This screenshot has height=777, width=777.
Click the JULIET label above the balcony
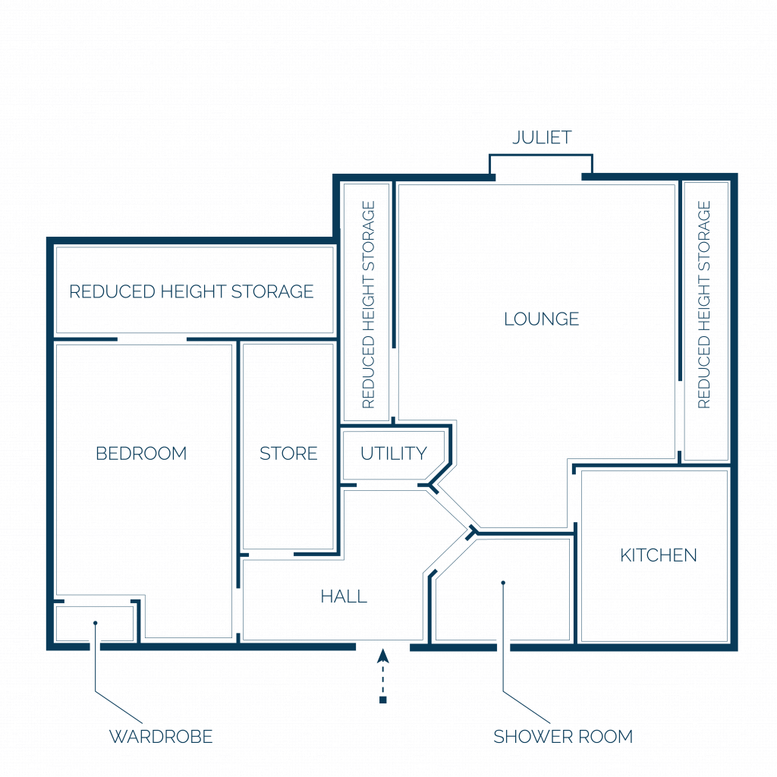[542, 137]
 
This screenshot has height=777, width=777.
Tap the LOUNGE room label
[542, 319]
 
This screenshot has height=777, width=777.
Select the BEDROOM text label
[141, 454]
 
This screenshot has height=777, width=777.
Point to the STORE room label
[288, 454]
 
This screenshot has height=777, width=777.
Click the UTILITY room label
[394, 454]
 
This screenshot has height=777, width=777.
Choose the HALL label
[344, 596]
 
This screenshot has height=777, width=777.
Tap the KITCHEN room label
[659, 555]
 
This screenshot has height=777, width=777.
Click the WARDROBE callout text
[161, 737]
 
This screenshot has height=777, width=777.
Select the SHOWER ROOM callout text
[563, 737]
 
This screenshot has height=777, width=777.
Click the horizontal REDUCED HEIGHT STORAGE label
[191, 292]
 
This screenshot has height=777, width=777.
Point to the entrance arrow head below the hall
[382, 656]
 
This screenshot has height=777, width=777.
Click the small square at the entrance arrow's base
[382, 700]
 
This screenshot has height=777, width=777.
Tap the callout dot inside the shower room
[503, 583]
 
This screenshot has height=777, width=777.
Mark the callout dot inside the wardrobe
[95, 623]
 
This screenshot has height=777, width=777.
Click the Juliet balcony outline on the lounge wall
[540, 155]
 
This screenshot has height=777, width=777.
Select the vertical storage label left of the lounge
[368, 305]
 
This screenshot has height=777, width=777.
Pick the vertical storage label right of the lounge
[703, 305]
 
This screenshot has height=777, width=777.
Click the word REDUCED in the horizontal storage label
[112, 292]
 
